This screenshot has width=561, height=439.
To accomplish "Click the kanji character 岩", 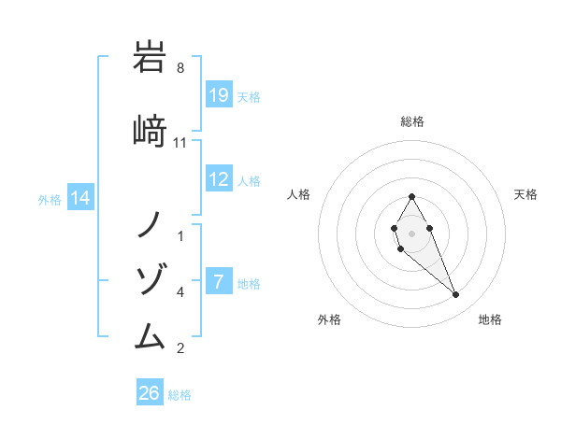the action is (151, 58).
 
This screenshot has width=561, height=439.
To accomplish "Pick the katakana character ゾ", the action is (151, 279).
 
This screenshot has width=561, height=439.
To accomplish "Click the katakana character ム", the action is (151, 333).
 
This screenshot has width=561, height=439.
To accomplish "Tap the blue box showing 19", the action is (219, 95).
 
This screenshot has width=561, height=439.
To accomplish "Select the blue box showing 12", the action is (219, 179).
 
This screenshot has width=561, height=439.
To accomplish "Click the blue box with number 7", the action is (219, 282).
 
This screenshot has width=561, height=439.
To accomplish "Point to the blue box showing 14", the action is (80, 198).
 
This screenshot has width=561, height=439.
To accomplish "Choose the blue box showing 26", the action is (150, 393).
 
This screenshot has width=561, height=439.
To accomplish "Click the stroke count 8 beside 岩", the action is (180, 68).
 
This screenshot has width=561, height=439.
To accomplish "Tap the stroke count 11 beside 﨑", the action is (180, 143).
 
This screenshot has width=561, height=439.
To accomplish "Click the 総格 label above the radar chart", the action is (411, 121).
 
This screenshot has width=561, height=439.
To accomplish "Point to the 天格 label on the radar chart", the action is (525, 194).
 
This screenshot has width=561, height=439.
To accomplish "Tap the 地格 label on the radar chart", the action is (490, 319).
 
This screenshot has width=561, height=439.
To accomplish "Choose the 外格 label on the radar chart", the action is (329, 319).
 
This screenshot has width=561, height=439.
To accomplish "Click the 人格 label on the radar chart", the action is (298, 194).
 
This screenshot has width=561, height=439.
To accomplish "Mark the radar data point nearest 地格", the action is (456, 295).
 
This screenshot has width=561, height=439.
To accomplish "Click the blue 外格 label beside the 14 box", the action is (50, 199).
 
